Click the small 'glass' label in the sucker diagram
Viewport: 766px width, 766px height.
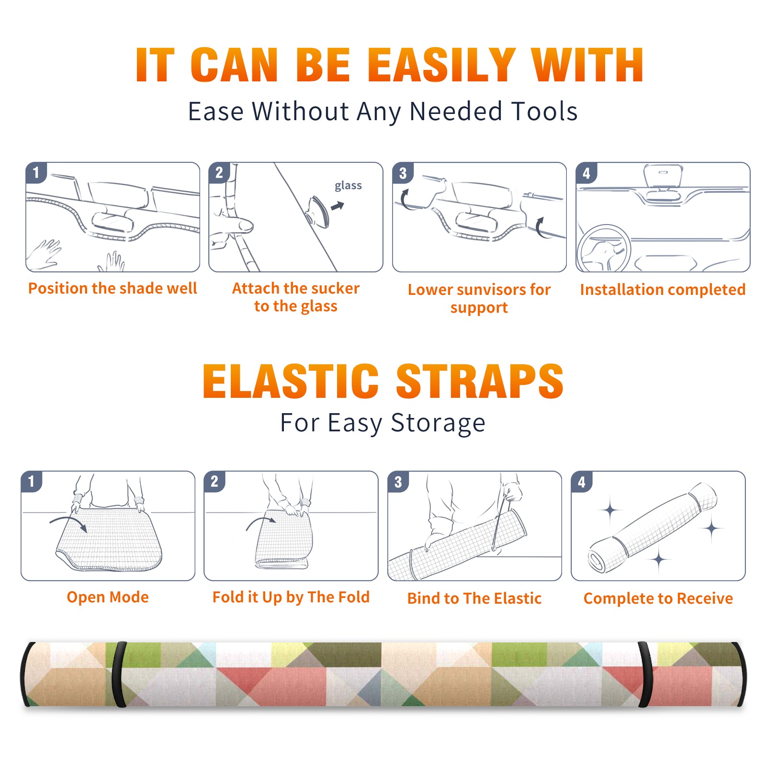coord(348,186)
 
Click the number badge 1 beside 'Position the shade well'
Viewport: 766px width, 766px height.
coord(36,172)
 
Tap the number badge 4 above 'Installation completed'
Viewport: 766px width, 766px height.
coord(586,173)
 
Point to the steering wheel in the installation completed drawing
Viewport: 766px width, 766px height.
coord(604,248)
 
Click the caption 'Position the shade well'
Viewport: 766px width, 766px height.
coord(113,288)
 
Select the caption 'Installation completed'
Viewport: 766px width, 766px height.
coord(663,289)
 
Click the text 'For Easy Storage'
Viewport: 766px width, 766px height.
coord(383,423)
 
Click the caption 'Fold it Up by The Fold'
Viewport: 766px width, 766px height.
coord(291,597)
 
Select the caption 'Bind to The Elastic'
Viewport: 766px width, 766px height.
coord(474,598)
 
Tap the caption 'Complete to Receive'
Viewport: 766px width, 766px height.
coord(658,598)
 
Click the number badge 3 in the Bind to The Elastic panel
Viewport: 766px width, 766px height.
coord(398,482)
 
